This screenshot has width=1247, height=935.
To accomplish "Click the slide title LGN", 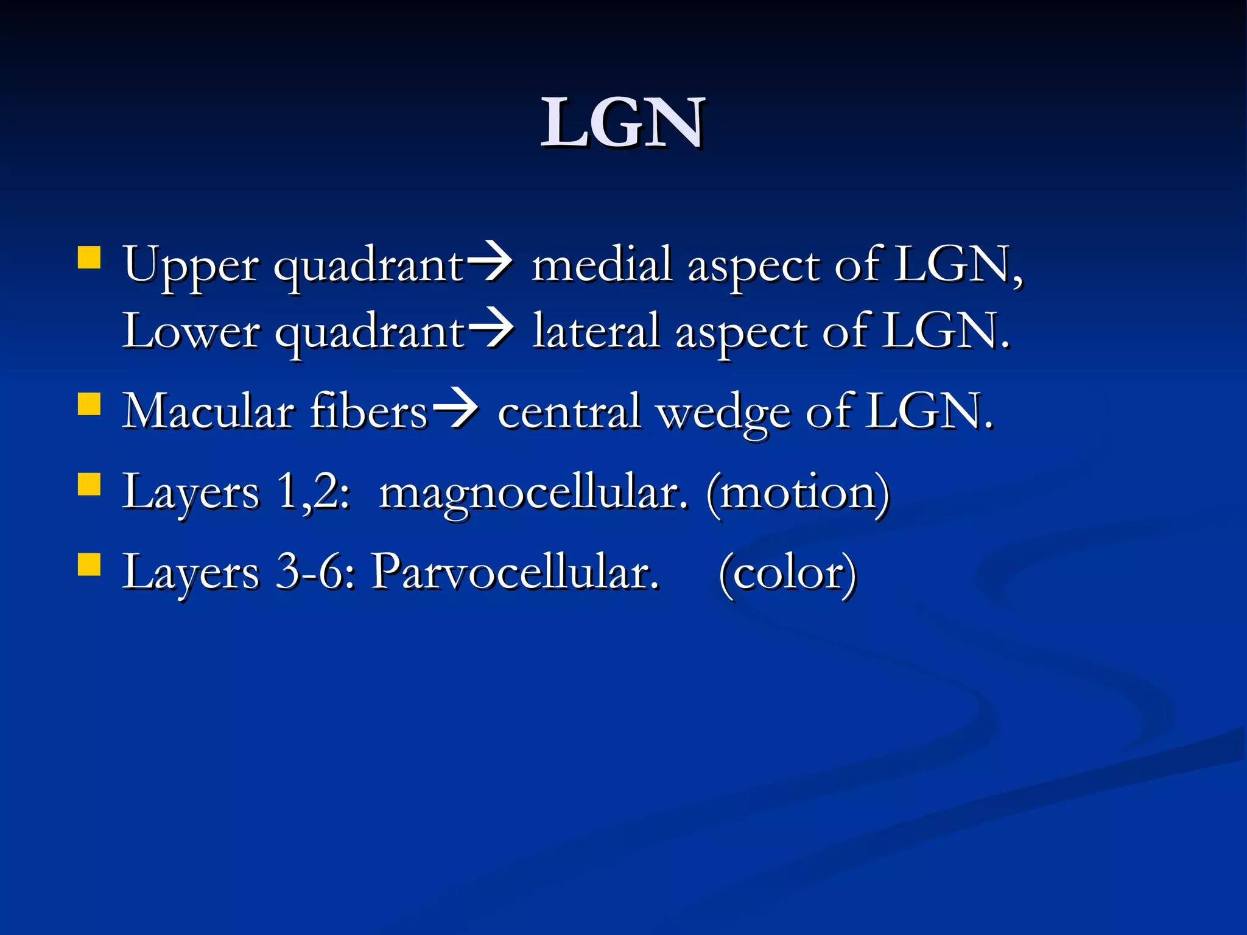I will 623,123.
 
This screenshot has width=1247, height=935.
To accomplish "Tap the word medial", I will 602,265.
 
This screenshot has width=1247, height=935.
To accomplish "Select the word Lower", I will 191,331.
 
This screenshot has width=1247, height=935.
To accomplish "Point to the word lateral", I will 596,331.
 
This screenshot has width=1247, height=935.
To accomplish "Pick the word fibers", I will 369,411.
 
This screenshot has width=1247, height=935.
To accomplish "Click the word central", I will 569,411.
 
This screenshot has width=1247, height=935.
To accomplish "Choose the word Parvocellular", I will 515,572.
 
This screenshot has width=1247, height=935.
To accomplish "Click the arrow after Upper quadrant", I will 490,265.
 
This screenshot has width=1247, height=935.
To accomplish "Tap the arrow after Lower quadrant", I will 491,331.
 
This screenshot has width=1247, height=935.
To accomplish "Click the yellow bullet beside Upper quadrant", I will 89,257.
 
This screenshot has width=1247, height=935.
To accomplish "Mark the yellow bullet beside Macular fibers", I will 89,404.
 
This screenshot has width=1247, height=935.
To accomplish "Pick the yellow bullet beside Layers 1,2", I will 89,485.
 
